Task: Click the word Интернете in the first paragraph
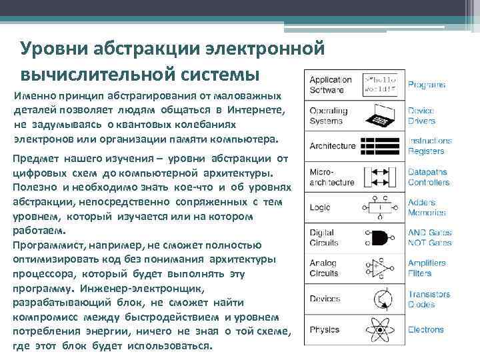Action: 256,109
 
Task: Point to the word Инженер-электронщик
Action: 161,288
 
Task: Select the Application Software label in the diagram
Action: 331,84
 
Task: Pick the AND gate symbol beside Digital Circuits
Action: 379,237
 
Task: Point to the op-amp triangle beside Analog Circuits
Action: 379,268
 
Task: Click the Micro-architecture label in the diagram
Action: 331,177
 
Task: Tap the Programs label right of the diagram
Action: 427,85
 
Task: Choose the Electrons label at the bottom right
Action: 426,329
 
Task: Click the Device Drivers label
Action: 422,115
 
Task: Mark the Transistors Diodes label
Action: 429,299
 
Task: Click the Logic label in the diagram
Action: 319,207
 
